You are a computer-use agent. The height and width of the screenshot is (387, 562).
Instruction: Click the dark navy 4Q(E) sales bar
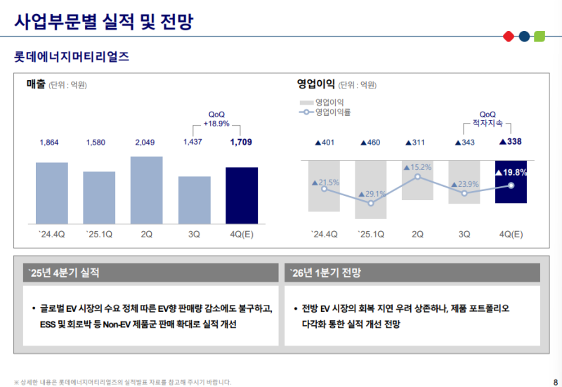pyautogui.click(x=242, y=195)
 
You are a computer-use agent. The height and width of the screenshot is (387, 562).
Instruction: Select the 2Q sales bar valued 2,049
pyautogui.click(x=147, y=190)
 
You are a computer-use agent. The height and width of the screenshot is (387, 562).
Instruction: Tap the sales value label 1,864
pyautogui.click(x=50, y=143)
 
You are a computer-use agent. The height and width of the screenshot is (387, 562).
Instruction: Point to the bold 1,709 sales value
pyautogui.click(x=241, y=143)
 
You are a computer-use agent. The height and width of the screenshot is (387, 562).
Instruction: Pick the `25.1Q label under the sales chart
pyautogui.click(x=99, y=235)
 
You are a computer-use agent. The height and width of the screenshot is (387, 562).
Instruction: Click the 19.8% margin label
pyautogui.click(x=511, y=172)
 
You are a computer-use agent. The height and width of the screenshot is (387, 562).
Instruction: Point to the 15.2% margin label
pyautogui.click(x=419, y=167)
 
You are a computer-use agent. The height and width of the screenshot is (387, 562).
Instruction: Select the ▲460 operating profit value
pyautogui.click(x=370, y=143)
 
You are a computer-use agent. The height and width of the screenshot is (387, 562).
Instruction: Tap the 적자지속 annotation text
pyautogui.click(x=488, y=124)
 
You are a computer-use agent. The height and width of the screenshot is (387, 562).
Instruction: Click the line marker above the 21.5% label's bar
pyautogui.click(x=324, y=188)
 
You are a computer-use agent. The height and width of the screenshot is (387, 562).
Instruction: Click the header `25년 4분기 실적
pyautogui.click(x=65, y=273)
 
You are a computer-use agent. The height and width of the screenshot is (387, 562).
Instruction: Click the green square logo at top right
pyautogui.click(x=540, y=36)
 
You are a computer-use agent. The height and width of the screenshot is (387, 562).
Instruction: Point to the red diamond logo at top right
pyautogui.click(x=509, y=36)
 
